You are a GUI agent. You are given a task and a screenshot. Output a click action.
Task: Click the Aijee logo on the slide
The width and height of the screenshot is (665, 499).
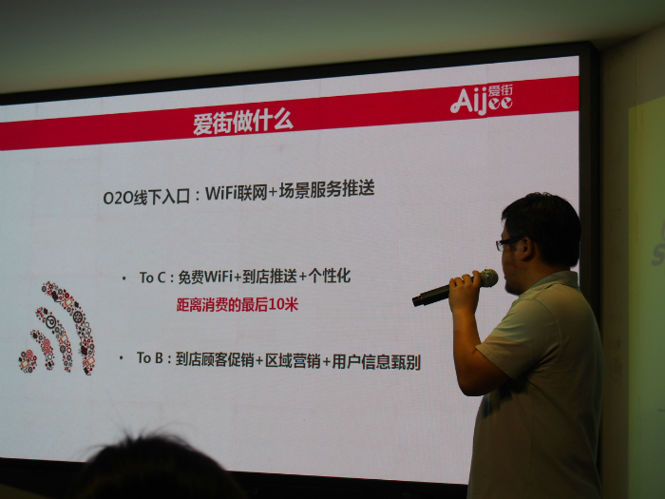[x=482, y=99]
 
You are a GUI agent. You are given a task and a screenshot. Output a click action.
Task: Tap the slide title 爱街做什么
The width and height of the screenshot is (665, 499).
[x=242, y=122]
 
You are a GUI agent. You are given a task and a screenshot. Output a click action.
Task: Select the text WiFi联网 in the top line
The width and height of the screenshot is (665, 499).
[x=237, y=193]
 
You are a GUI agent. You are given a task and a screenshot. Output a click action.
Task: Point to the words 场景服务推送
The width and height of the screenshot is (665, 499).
[x=327, y=189]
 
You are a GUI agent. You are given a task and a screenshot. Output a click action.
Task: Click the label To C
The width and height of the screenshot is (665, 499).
[x=152, y=278]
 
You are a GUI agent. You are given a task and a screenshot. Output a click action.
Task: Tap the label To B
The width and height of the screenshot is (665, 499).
[x=150, y=358]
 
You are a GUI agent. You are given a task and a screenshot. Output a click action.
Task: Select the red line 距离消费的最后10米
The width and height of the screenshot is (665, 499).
[x=237, y=304]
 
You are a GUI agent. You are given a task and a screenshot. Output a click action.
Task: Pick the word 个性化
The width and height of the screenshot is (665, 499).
[x=330, y=276]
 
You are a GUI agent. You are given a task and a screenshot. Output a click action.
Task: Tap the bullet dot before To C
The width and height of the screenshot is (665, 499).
[x=123, y=278]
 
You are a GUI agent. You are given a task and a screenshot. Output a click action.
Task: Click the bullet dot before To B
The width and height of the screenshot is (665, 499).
[x=122, y=358]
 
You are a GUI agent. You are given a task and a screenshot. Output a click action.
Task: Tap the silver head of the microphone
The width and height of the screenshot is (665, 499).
[x=488, y=278]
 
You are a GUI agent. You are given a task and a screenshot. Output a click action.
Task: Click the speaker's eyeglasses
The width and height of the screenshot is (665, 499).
[x=507, y=243]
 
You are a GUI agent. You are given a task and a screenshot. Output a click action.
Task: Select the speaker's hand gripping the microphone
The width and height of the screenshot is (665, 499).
[x=465, y=291]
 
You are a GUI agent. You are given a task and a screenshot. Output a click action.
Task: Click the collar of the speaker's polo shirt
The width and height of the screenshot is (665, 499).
[x=551, y=281]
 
